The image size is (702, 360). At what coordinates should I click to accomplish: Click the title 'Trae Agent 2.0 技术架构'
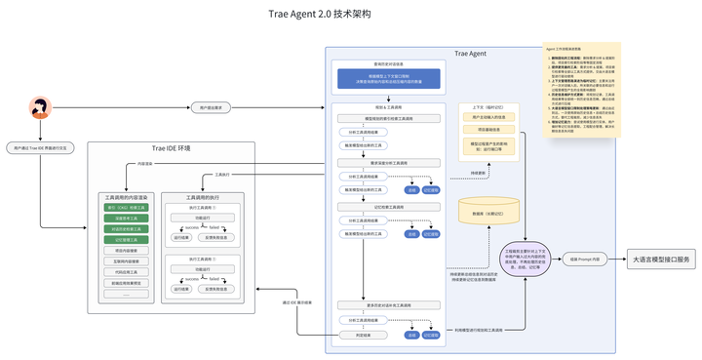click(319, 15)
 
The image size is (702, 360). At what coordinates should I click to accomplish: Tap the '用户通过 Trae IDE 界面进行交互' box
click(40, 148)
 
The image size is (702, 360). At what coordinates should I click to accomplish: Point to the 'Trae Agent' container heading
click(470, 53)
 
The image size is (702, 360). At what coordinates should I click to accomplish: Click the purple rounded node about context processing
click(526, 259)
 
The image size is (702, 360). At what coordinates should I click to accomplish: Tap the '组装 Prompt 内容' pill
click(585, 259)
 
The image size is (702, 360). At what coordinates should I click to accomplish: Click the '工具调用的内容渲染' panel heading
click(124, 197)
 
